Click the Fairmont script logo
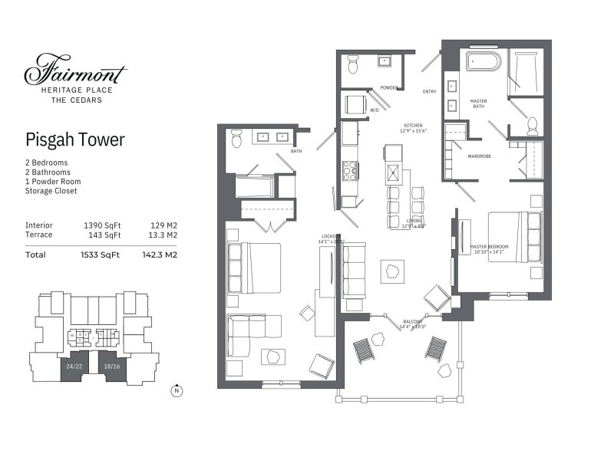click(75, 71)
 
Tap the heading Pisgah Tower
click(74, 140)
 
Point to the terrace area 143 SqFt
click(102, 235)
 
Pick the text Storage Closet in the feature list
click(51, 191)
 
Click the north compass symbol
click(177, 390)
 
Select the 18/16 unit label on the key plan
click(112, 366)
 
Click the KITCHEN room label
click(415, 125)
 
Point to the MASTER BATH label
click(478, 104)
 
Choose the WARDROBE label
click(480, 156)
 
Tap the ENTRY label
click(429, 92)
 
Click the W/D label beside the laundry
click(375, 110)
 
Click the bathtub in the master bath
click(482, 61)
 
